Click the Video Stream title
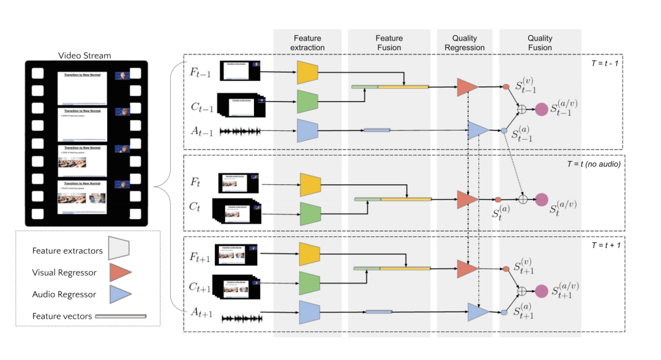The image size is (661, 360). click(84, 56)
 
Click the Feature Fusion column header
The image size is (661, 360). click(389, 42)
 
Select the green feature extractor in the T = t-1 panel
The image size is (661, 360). click(308, 101)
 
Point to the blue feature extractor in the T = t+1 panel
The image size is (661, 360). click(309, 312)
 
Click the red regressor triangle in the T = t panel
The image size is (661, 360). click(466, 200)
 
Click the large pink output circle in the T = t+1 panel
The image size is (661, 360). click(541, 291)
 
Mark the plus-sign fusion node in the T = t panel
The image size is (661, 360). click(523, 200)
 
